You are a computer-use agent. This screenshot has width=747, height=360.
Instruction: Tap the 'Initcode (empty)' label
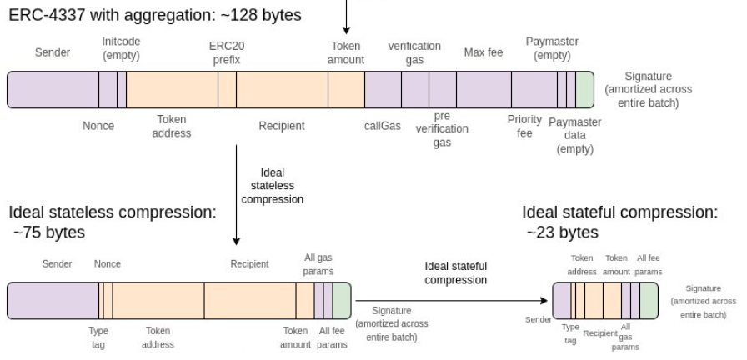[120, 48]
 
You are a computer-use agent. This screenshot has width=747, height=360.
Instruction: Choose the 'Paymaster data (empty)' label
[575, 136]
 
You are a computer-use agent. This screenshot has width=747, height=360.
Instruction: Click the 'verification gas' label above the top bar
[414, 52]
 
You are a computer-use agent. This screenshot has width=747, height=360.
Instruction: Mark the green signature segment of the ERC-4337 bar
[584, 90]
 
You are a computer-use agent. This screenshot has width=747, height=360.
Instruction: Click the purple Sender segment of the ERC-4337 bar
[53, 90]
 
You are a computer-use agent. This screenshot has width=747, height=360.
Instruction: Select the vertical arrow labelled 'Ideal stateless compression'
[237, 195]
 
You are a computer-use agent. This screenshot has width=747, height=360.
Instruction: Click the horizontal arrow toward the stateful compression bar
[450, 298]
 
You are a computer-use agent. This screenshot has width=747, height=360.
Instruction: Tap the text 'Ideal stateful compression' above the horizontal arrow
[456, 272]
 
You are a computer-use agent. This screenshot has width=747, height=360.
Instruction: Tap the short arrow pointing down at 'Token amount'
[347, 17]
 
